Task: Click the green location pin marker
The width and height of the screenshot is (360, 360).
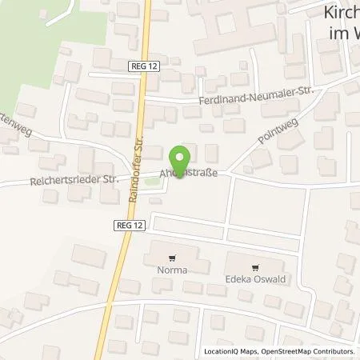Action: pos(180,158)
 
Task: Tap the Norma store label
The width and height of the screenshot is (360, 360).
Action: pos(173,270)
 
